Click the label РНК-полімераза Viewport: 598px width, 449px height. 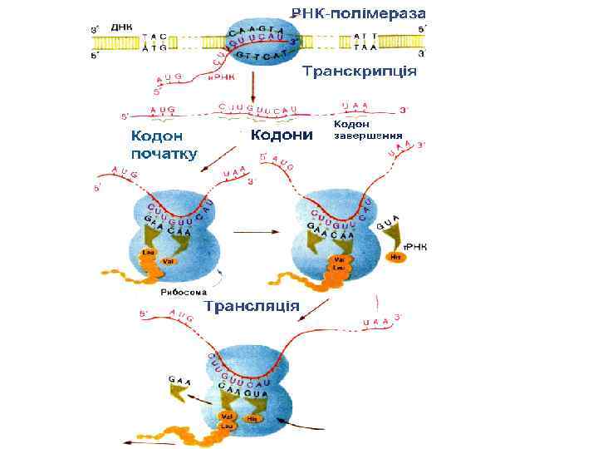coord(358,13)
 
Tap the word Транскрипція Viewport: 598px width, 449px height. coord(358,71)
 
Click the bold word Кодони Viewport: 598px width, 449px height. coord(282,135)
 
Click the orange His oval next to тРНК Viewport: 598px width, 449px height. coord(396,258)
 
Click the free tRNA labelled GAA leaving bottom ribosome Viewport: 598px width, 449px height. coord(179,388)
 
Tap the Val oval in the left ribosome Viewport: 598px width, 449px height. coord(168,261)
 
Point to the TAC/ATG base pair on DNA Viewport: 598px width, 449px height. coord(154,42)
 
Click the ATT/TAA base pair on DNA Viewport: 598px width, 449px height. coord(366,42)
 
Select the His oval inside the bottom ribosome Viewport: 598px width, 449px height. coord(252,418)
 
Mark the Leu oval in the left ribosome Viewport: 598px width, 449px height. coord(149,252)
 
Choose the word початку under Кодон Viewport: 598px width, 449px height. coord(164,154)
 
